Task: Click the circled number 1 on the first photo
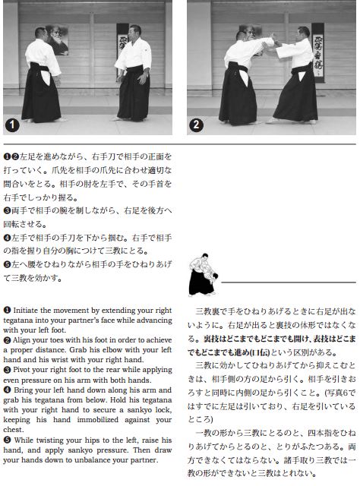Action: pos(12,125)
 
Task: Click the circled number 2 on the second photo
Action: pos(196,125)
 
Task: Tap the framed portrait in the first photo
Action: pos(57,39)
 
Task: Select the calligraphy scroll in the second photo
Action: pos(317,52)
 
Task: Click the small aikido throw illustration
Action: pos(203,274)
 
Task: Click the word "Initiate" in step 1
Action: pos(25,311)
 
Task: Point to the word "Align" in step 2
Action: pos(21,340)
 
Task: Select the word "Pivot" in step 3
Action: pos(21,370)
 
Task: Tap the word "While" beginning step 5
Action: pos(24,440)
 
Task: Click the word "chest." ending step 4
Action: pos(13,430)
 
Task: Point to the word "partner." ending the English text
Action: pos(145,460)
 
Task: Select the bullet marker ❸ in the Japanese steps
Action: pos(7,211)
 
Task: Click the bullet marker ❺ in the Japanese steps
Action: pos(7,264)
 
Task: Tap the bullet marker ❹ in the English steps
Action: pos(7,390)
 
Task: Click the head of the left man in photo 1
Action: pos(41,33)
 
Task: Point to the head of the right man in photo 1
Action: pos(135,31)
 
